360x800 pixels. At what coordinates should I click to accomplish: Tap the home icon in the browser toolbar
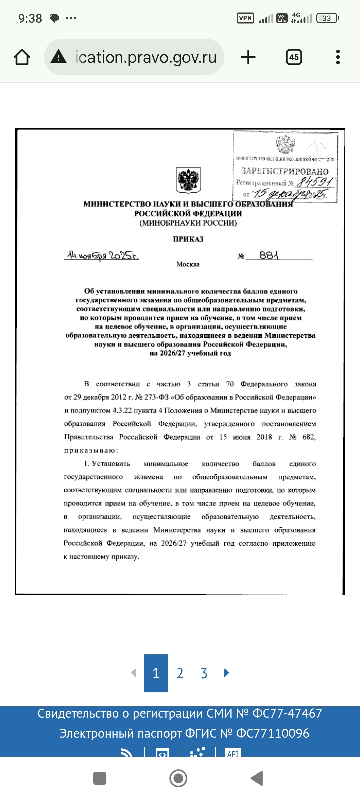click(22, 57)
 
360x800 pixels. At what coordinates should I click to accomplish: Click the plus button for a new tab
click(248, 57)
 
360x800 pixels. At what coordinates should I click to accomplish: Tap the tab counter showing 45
click(294, 57)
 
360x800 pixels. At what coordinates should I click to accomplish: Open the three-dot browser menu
click(338, 57)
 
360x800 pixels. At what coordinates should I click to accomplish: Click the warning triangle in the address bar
click(59, 56)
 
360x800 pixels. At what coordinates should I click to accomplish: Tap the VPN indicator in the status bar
click(245, 18)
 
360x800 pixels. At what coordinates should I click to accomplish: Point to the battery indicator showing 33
click(327, 18)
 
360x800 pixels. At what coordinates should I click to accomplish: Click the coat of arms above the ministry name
click(188, 180)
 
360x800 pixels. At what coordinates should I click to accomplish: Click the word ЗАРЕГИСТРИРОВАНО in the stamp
click(285, 171)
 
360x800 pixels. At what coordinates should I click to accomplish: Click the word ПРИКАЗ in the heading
click(188, 239)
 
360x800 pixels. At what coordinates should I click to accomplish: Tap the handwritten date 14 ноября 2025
click(102, 255)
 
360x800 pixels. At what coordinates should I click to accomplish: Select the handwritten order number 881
click(269, 255)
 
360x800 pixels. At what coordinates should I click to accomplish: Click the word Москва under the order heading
click(188, 264)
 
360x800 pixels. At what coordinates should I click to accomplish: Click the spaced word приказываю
click(91, 450)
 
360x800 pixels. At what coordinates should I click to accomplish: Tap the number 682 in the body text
click(309, 437)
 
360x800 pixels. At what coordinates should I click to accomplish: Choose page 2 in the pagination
click(180, 673)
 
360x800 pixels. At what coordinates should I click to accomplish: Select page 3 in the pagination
click(204, 673)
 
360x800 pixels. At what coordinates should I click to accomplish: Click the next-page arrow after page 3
click(226, 673)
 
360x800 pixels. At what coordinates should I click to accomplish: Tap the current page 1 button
click(156, 673)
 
